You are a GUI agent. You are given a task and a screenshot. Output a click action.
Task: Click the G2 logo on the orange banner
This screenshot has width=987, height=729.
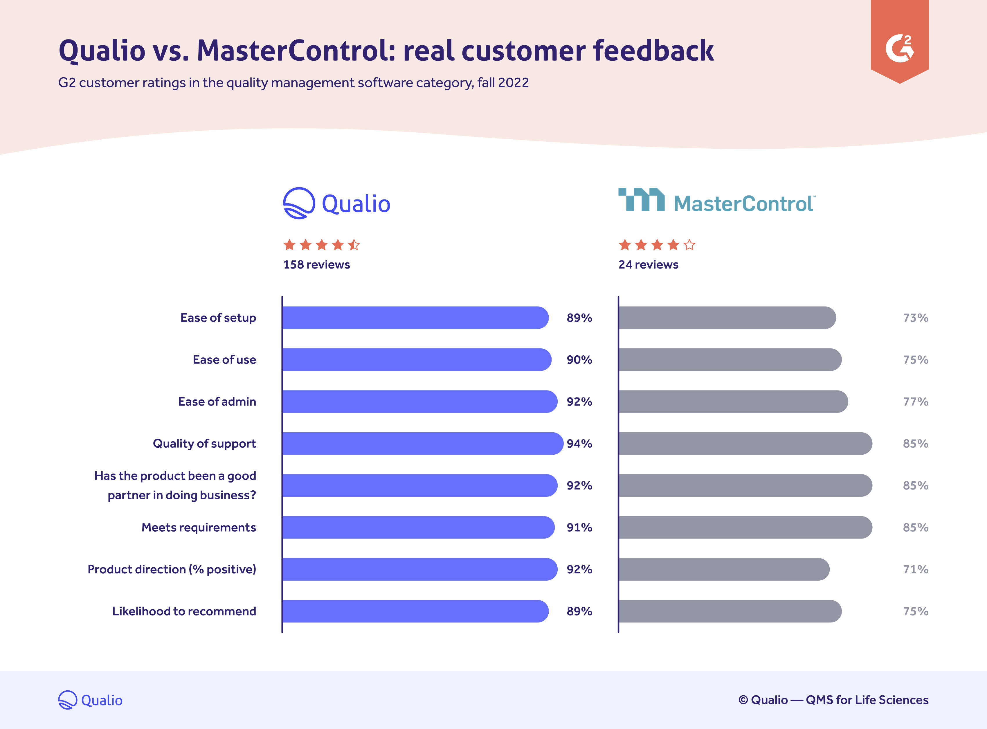tap(899, 48)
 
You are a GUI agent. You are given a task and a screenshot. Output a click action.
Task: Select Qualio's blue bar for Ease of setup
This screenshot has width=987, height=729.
tap(415, 318)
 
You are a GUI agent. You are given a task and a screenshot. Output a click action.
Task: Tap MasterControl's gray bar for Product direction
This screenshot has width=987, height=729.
tap(724, 569)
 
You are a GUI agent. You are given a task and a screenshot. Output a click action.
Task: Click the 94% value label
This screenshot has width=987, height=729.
tap(579, 444)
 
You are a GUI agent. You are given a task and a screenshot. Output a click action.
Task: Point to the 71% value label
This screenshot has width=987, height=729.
tap(916, 569)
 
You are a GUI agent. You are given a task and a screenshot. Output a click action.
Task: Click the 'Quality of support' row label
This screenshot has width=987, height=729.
tap(204, 444)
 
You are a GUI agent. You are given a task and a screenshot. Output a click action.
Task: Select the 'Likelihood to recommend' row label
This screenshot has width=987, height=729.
tap(184, 611)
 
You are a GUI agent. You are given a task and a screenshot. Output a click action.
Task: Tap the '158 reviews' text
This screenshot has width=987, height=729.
tap(316, 265)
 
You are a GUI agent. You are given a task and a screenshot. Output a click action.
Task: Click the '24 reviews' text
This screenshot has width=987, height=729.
tap(648, 265)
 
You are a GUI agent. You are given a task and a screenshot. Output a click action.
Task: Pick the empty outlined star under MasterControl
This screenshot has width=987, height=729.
tap(689, 245)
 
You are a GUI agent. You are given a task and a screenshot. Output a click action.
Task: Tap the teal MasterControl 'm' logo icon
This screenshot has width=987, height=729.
tap(641, 200)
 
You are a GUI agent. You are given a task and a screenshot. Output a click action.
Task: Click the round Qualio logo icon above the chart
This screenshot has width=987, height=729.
tap(299, 203)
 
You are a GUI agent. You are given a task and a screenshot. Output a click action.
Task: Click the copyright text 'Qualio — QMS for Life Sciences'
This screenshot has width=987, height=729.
tap(833, 700)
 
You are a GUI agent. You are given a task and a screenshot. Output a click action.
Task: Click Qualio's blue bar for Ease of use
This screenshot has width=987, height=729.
tap(417, 360)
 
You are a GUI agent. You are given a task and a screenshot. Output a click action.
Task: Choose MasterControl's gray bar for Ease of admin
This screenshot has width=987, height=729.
tap(732, 402)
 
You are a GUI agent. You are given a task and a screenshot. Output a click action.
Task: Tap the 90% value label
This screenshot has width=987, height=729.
tap(579, 360)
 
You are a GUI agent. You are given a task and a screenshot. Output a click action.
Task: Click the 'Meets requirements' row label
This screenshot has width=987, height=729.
tap(199, 527)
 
